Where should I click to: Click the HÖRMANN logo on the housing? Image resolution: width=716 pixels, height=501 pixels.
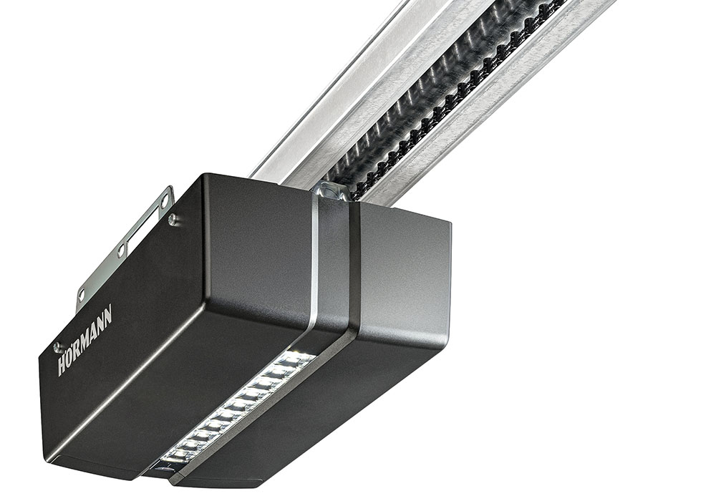pos(85,340)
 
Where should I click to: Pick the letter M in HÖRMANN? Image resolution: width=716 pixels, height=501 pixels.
pos(90,334)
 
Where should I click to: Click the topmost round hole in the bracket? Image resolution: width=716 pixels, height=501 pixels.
pos(163,198)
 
